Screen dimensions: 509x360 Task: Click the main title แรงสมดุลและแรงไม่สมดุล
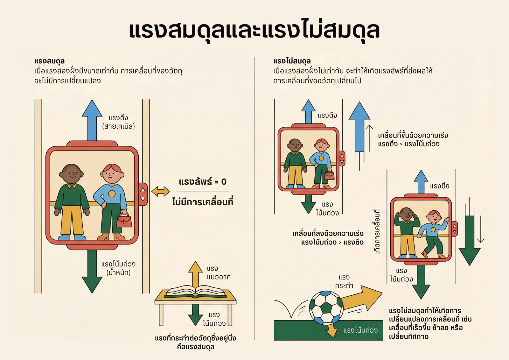254,30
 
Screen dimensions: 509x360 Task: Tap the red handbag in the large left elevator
124,220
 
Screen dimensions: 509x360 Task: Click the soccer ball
326,307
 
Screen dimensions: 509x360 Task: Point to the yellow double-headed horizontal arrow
161,191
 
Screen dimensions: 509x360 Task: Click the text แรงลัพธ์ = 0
203,182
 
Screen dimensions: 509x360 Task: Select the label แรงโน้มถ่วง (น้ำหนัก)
118,268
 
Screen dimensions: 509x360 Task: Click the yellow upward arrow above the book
195,274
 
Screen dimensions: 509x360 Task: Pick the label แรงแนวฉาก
219,273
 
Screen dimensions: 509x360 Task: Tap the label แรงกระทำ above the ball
344,281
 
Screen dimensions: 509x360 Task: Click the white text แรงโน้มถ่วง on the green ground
360,330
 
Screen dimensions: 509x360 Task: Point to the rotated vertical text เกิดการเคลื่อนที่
376,231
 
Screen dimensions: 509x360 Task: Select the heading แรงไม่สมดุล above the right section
292,61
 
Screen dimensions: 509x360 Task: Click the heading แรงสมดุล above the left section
50,61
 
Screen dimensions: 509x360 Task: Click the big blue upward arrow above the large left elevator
92,120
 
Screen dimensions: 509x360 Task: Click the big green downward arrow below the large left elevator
92,272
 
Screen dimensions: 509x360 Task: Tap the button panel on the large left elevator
143,194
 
